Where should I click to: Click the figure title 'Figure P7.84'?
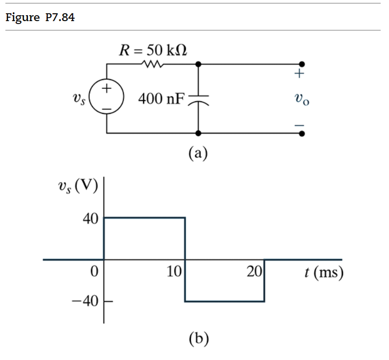pos(40,18)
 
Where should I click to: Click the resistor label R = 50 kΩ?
pos(154,50)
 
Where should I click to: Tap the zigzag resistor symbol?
pos(151,64)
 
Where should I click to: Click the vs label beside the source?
pos(78,99)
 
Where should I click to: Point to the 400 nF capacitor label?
pos(160,99)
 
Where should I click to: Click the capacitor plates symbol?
pos(198,100)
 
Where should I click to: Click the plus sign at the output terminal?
pos(300,75)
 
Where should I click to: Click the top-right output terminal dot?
pos(302,64)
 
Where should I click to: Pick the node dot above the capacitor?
pos(198,64)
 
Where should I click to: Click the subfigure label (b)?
pos(198,338)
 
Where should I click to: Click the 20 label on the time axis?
pos(254,271)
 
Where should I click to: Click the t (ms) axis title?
pos(322,272)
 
